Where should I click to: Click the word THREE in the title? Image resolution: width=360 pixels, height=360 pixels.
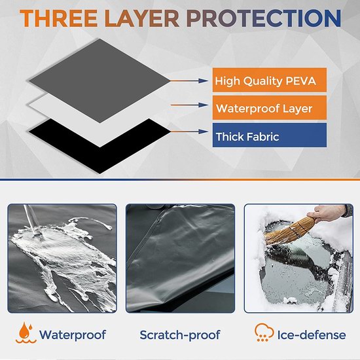[58, 18]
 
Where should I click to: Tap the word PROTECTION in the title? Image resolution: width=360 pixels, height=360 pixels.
[264, 18]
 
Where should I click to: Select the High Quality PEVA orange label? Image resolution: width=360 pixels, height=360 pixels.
[270, 80]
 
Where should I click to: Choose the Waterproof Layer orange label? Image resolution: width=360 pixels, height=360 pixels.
[270, 108]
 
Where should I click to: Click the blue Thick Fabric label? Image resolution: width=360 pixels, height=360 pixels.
[270, 135]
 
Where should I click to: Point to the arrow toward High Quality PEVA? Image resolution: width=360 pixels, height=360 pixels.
[189, 81]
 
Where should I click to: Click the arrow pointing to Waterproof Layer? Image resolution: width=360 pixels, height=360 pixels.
[190, 105]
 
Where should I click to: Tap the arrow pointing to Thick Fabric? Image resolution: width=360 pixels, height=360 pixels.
[189, 132]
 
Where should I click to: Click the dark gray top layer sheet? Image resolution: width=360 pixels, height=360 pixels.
[99, 81]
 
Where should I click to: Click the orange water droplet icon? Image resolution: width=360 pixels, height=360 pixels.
[26, 333]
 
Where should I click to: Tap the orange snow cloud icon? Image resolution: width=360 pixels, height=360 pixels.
[264, 333]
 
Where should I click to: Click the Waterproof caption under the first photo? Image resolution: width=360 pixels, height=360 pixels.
[72, 334]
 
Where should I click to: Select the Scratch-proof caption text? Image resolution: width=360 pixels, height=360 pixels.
[180, 335]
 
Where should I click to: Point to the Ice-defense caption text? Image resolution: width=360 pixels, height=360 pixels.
[312, 335]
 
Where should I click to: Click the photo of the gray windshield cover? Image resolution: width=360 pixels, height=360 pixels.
[180, 259]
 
